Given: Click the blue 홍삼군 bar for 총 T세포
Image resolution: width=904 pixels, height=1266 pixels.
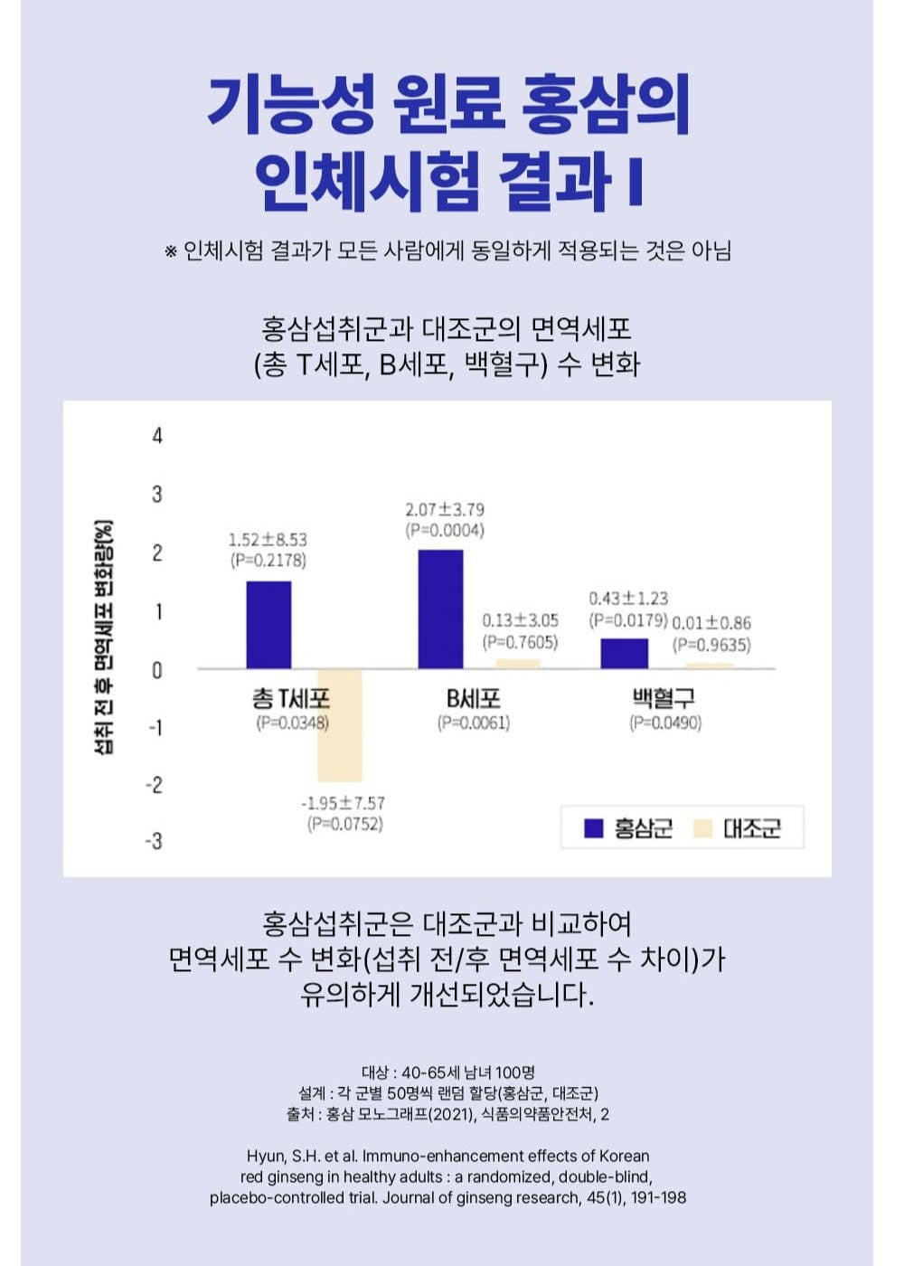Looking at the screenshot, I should [268, 625].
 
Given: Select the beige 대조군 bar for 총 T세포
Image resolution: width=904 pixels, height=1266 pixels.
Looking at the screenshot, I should [339, 725].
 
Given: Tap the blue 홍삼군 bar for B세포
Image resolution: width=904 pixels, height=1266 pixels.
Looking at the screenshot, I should [440, 609].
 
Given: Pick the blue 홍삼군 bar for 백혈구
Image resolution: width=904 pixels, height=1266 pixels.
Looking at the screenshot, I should [625, 653].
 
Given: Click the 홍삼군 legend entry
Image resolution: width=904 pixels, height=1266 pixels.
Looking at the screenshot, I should [629, 828].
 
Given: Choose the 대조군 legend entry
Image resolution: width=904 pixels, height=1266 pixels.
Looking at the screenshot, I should [738, 828].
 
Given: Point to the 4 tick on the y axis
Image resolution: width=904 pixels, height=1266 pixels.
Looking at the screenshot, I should [157, 436].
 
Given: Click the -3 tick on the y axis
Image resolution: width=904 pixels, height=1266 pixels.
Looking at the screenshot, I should [155, 841].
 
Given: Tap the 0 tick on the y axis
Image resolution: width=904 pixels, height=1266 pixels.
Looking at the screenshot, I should [157, 670].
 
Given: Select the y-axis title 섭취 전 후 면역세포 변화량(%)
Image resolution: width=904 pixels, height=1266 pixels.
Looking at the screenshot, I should [105, 638].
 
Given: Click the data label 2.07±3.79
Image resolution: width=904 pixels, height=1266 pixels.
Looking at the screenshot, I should [445, 510].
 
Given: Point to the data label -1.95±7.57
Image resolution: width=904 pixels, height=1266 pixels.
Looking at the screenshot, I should [343, 803].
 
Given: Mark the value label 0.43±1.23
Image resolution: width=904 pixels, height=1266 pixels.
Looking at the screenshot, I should [628, 599].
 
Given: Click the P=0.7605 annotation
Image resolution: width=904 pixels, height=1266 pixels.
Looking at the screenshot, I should [520, 642].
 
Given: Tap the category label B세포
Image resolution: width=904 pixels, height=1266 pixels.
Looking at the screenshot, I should [473, 698].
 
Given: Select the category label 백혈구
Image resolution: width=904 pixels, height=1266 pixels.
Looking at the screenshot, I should [664, 698].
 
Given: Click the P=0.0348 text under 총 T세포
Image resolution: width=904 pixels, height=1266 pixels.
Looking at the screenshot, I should [292, 723].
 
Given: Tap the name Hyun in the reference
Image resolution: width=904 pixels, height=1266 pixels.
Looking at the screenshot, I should [264, 1156].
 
